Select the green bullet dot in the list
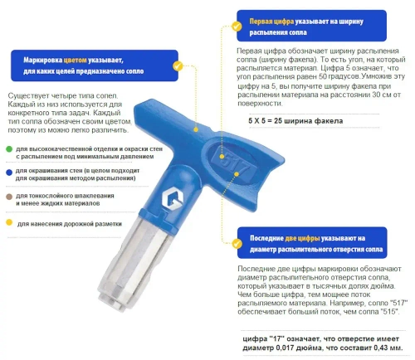pyautogui.click(x=7, y=149)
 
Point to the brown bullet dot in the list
pyautogui.click(x=7, y=197)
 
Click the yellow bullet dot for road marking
pyautogui.click(x=7, y=222)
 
